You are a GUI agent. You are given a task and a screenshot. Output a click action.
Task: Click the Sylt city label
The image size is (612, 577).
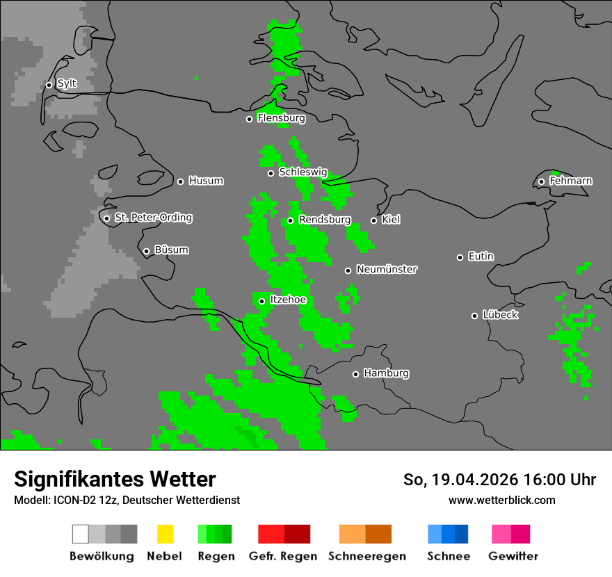click(67, 84)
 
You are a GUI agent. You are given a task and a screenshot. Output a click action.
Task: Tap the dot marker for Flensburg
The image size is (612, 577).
click(249, 119)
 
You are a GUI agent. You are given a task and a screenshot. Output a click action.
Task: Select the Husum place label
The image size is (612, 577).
click(206, 181)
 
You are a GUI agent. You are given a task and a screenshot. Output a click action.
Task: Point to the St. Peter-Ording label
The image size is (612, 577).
click(153, 218)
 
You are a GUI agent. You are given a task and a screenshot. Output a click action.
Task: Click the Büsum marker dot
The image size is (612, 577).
click(146, 251)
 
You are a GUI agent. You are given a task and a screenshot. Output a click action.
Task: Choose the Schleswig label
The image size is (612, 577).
click(303, 172)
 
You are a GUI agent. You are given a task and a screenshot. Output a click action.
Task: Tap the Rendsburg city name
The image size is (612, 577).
click(325, 220)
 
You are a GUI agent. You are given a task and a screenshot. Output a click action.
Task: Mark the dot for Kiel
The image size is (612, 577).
click(373, 220)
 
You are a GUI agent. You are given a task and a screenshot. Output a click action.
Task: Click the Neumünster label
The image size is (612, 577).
click(387, 270)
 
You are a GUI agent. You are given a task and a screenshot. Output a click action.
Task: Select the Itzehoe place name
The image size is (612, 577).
click(288, 300)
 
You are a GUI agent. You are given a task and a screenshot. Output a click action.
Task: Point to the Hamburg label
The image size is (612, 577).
click(386, 374)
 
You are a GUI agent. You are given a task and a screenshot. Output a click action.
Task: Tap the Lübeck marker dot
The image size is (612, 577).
click(474, 316)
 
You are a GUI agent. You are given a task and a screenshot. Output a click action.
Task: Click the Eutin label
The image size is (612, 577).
click(481, 257)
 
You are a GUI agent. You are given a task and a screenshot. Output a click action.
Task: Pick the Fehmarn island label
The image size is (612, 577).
click(570, 181)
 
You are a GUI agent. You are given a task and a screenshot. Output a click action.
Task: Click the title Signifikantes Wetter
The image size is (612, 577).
click(115, 479)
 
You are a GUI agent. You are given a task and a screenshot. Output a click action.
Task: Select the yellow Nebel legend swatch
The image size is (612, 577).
click(165, 534)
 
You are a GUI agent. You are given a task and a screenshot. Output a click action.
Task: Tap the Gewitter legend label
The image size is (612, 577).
click(513, 556)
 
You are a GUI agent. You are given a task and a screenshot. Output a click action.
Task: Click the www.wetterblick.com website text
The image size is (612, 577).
click(501, 500)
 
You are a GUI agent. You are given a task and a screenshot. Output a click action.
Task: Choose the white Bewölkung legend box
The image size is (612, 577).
click(81, 534)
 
